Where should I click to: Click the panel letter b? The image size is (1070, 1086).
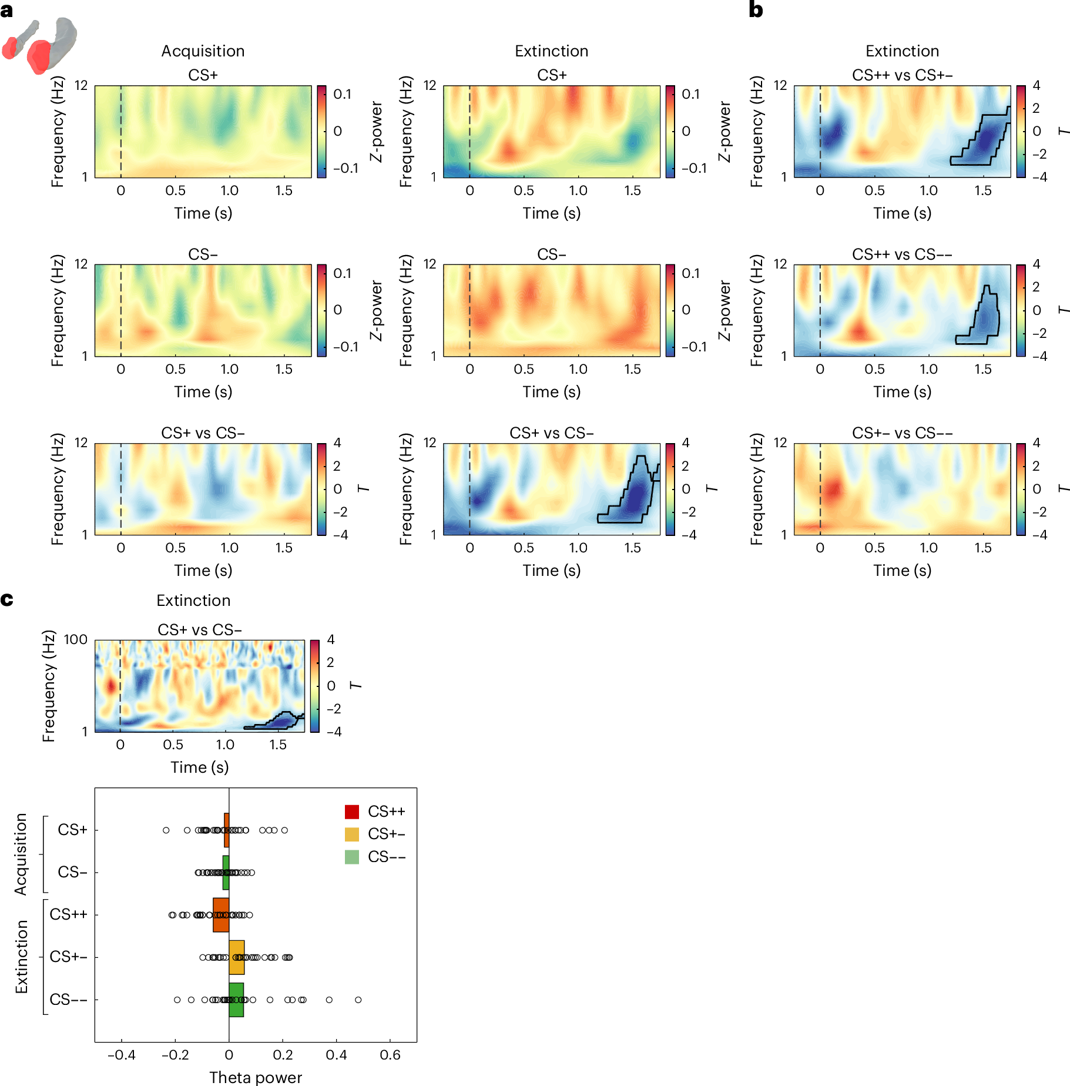756,10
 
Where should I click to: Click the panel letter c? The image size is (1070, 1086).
7,599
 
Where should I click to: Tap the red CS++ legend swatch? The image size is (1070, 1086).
351,812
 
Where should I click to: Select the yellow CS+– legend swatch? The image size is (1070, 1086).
351,834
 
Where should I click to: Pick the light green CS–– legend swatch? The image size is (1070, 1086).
351,857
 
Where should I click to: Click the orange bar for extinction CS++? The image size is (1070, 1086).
221,915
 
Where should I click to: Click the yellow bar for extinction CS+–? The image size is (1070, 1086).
236,957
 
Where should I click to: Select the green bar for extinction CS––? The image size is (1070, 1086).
236,1000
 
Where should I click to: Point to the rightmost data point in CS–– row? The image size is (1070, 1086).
358,1000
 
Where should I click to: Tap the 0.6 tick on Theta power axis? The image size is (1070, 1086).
390,1055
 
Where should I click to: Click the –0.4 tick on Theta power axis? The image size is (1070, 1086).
121,1055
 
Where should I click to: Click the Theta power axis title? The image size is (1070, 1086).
256,1077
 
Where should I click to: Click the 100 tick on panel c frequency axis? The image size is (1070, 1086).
75,639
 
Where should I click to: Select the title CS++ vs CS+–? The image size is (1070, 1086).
902,75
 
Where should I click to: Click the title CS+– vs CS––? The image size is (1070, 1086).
902,433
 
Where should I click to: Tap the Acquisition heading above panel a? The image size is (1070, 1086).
203,51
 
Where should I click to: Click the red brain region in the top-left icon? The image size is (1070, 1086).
39,56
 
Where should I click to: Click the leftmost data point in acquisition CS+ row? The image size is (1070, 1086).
166,830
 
